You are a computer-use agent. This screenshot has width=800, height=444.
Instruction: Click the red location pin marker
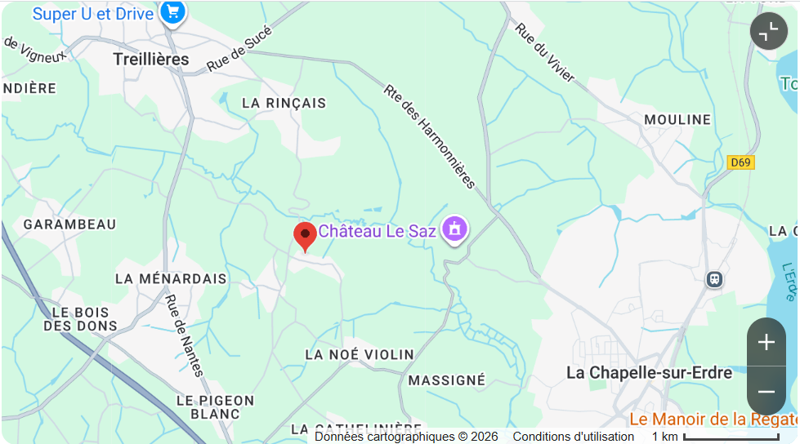pyautogui.click(x=305, y=235)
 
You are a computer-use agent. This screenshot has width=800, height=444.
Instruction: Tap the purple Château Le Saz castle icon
pyautogui.click(x=454, y=229)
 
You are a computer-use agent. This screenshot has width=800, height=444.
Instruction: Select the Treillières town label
pyautogui.click(x=151, y=60)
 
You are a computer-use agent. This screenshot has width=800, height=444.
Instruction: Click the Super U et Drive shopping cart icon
pyautogui.click(x=172, y=12)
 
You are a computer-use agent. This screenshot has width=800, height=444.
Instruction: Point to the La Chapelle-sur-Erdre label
pyautogui.click(x=650, y=372)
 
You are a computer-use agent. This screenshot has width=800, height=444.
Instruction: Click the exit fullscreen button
pyautogui.click(x=768, y=32)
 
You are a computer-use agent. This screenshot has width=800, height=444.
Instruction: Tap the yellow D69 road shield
pyautogui.click(x=740, y=162)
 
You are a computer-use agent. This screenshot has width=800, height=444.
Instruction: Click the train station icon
pyautogui.click(x=714, y=279)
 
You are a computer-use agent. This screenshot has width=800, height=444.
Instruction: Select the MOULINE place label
pyautogui.click(x=677, y=120)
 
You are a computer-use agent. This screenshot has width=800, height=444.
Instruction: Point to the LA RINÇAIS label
pyautogui.click(x=284, y=104)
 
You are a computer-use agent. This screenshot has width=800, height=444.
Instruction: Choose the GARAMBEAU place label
pyautogui.click(x=69, y=224)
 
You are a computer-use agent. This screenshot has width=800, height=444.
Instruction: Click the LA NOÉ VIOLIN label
pyautogui.click(x=360, y=355)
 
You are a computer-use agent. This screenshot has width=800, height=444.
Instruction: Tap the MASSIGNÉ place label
pyautogui.click(x=447, y=380)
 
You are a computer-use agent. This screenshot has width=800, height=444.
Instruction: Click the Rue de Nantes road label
pyautogui.click(x=185, y=335)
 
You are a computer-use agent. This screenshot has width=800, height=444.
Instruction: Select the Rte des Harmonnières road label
pyautogui.click(x=429, y=135)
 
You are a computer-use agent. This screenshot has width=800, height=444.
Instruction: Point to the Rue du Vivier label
pyautogui.click(x=545, y=52)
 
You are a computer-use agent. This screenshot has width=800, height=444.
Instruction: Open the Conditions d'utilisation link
pyautogui.click(x=573, y=437)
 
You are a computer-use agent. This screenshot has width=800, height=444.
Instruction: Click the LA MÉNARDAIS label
pyautogui.click(x=171, y=279)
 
